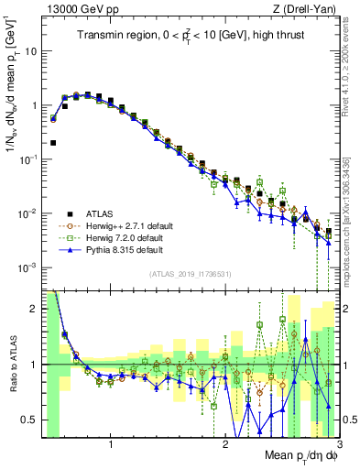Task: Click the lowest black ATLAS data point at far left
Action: tap(54, 143)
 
